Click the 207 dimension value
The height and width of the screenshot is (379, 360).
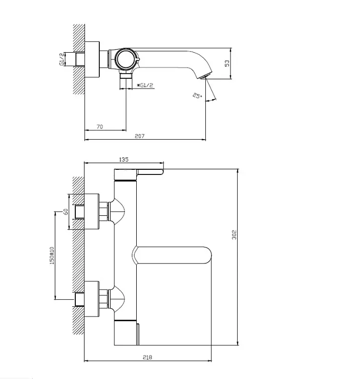coord(140,136)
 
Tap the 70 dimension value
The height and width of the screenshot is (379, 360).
coord(100,127)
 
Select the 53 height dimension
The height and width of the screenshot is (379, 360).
coord(227,63)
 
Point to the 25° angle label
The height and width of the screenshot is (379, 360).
coord(197,96)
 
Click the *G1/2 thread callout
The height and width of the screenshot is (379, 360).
coord(145,85)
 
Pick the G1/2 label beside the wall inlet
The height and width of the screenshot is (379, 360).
coord(62,59)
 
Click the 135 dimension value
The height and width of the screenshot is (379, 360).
coord(124,160)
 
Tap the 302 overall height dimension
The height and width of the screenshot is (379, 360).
coord(234,235)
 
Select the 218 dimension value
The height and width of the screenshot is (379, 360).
coord(147,357)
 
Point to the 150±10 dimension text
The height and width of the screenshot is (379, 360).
coord(52,256)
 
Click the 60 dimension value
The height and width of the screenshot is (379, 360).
coord(66,212)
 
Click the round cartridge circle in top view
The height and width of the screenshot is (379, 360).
coord(124,59)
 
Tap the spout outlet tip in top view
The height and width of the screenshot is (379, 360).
coord(205,77)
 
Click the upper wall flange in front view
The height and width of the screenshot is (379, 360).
coord(92,212)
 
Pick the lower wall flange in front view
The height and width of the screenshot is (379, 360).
coord(92,299)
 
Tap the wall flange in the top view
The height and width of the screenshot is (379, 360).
coord(92,60)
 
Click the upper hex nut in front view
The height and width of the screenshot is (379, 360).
coord(103,212)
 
